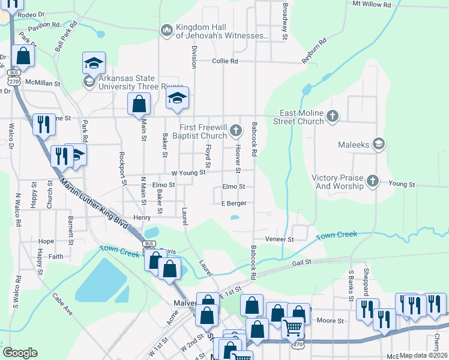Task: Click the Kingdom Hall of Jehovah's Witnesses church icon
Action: (x=166, y=29)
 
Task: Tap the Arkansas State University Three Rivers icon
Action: (x=89, y=82)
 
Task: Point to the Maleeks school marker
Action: (x=379, y=143)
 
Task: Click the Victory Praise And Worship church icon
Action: (x=373, y=180)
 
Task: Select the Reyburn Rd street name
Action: (x=314, y=50)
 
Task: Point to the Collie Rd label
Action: (x=225, y=61)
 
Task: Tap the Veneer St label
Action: (x=282, y=239)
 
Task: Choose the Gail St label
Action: (x=302, y=262)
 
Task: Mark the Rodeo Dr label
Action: (x=32, y=14)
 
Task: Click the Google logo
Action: (x=20, y=353)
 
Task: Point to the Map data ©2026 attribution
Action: (x=423, y=355)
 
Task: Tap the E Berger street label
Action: (x=234, y=203)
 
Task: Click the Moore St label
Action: (x=330, y=321)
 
